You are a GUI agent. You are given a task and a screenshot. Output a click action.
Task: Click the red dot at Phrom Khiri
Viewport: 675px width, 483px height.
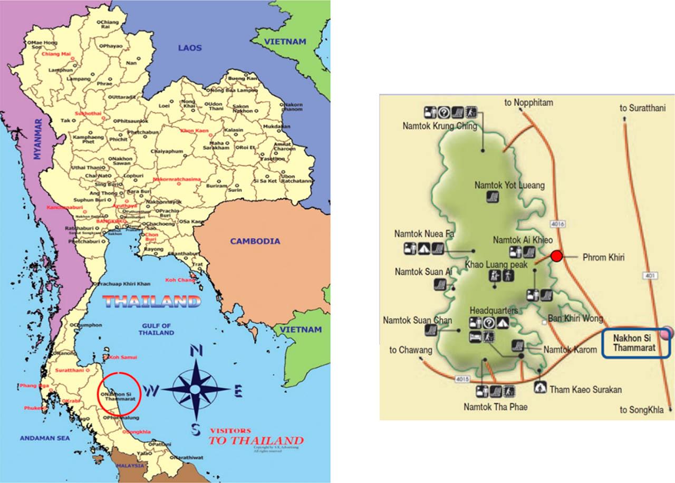click(x=556, y=256)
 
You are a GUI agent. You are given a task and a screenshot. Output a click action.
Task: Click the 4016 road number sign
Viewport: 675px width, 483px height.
click(x=557, y=224)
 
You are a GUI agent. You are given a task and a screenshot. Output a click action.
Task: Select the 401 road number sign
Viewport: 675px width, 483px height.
click(x=649, y=275)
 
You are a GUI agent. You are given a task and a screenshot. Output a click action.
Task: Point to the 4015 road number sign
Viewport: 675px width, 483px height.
click(x=461, y=379)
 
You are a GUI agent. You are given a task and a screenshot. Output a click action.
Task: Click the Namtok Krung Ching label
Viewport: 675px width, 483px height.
click(x=440, y=126)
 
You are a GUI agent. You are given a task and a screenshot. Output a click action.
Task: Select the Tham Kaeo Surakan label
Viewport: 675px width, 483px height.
click(x=585, y=390)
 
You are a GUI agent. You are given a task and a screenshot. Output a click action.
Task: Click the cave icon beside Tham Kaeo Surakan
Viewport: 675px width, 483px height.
click(x=540, y=388)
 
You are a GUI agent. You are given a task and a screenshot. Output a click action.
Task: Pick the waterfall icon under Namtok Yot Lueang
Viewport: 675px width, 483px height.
click(x=493, y=197)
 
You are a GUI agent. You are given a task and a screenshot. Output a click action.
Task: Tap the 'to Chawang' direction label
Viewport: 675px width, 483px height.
click(x=411, y=350)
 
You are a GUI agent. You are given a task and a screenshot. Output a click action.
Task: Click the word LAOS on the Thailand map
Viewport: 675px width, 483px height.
click(x=190, y=48)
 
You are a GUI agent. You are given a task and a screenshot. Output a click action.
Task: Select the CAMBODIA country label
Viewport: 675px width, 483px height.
click(x=255, y=241)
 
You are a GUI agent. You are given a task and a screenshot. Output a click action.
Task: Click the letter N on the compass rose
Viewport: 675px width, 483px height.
click(x=196, y=351)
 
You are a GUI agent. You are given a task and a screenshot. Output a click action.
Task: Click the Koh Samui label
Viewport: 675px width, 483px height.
click(x=122, y=358)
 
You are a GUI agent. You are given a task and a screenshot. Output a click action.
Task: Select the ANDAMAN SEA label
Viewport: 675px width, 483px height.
click(x=41, y=438)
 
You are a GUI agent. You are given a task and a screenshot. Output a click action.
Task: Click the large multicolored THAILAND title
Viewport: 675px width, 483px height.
click(x=152, y=302)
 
